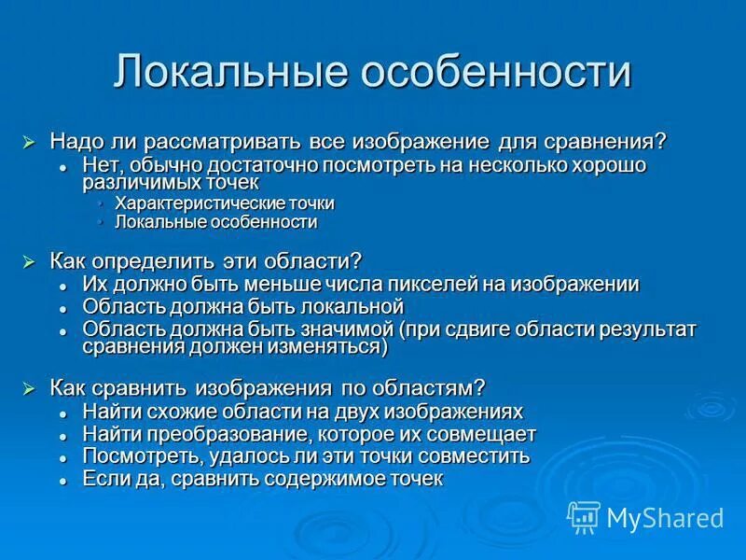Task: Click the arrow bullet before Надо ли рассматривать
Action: (x=29, y=142)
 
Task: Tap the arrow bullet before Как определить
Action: (x=29, y=261)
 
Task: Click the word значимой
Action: (x=348, y=329)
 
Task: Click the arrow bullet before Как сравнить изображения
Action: (x=29, y=387)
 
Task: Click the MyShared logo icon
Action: (x=584, y=517)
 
